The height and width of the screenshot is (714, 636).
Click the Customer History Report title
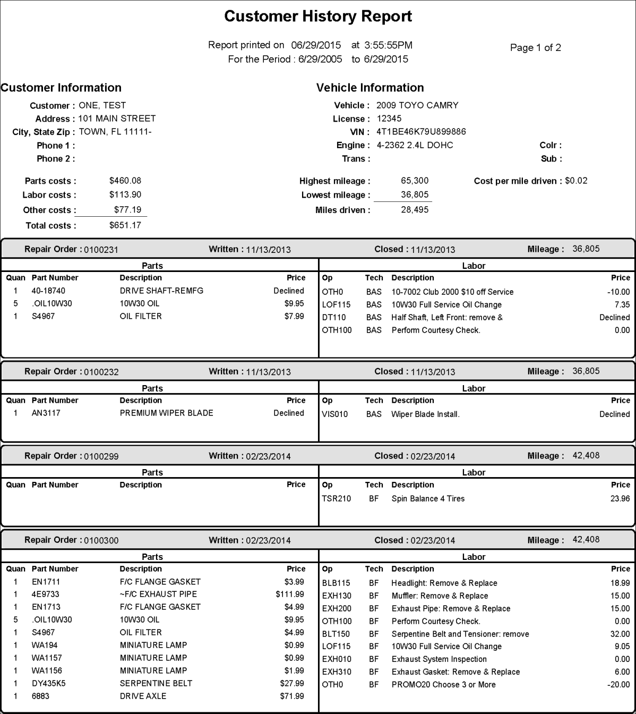point(318,16)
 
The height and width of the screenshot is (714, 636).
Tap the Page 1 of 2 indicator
point(535,48)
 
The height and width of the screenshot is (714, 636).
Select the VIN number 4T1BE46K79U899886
point(421,132)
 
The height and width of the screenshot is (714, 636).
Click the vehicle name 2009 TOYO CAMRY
point(417,105)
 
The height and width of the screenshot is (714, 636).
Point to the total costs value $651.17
point(125,225)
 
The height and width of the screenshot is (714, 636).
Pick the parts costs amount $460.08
point(125,181)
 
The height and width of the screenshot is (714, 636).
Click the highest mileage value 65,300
point(415,181)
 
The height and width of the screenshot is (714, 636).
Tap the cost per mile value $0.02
point(576,181)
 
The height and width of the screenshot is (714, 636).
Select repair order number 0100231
point(101,250)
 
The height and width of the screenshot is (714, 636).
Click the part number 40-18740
point(48,291)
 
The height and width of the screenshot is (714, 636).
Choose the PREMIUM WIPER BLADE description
point(166,413)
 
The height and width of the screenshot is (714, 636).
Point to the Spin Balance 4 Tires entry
point(428,499)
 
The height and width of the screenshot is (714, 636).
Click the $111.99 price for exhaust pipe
point(290,594)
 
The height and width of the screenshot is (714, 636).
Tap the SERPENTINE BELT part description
point(156,683)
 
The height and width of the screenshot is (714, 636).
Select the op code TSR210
point(336,499)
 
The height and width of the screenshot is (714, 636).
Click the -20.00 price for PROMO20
point(618,685)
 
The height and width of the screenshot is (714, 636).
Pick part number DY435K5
point(48,683)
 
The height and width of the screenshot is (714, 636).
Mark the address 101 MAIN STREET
point(117,118)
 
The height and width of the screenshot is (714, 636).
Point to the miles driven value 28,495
point(415,210)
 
